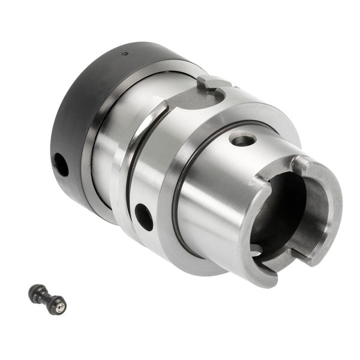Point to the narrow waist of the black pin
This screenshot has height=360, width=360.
click(47, 298)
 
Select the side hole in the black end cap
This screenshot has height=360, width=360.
click(61, 164)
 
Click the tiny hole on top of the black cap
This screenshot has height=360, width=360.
click(124, 54)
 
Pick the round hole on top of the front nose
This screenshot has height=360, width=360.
click(242, 140)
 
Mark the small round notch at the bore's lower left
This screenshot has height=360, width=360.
click(256, 248)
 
